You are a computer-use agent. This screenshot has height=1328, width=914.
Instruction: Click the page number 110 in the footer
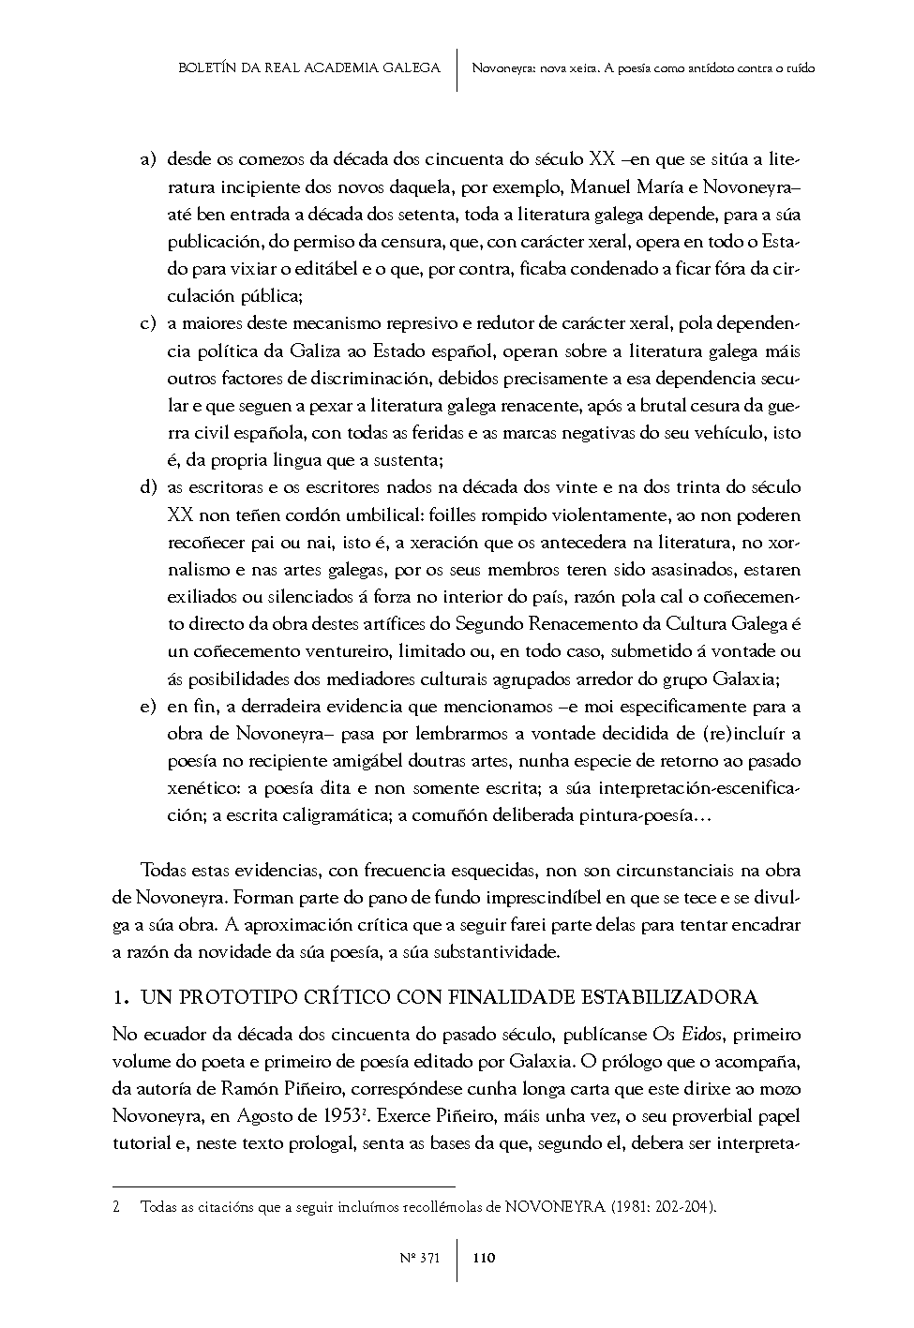coord(484,1258)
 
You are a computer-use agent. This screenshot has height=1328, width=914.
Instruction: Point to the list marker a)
coord(147,160)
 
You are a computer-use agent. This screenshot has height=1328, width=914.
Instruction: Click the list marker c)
coord(147,324)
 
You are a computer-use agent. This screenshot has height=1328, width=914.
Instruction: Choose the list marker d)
coord(147,487)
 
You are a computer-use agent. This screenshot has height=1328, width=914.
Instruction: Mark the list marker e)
coord(147,707)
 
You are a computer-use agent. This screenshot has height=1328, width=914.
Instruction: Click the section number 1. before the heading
coord(120,996)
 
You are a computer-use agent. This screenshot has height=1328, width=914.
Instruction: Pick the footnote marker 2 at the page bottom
coord(116,1208)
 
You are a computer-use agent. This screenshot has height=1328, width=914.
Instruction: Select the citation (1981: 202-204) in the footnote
coord(662,1208)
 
